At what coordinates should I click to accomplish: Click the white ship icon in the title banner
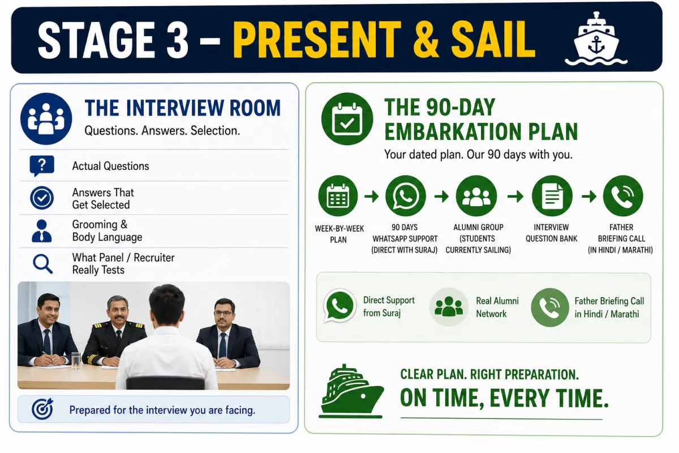(x=596, y=39)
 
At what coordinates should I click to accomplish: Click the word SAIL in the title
(x=493, y=40)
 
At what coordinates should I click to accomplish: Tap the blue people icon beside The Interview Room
(x=46, y=119)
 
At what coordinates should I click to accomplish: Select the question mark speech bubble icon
(x=42, y=166)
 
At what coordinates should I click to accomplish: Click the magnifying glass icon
(x=43, y=264)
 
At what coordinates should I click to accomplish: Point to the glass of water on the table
(x=76, y=360)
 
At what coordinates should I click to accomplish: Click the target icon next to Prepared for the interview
(x=42, y=409)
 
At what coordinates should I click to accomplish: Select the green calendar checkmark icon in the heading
(x=347, y=119)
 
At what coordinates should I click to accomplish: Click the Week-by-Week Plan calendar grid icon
(x=338, y=196)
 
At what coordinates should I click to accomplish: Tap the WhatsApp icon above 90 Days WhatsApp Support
(x=406, y=196)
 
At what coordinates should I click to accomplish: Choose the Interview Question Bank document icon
(x=552, y=196)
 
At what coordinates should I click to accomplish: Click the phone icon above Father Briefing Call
(x=623, y=196)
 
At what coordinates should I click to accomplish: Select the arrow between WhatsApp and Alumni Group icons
(x=441, y=196)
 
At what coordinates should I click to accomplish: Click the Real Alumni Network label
(x=497, y=307)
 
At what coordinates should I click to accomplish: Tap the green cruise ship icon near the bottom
(x=351, y=391)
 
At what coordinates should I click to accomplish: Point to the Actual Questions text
(x=110, y=166)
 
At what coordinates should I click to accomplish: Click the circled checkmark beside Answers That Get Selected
(x=42, y=198)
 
